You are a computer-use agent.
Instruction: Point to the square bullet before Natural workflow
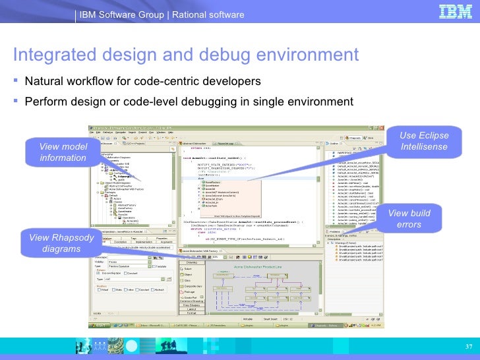click(15, 81)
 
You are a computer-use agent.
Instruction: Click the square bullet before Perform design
click(15, 102)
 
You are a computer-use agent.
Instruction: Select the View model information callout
click(63, 152)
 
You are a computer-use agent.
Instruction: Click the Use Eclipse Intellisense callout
click(424, 141)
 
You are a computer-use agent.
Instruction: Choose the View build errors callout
click(409, 220)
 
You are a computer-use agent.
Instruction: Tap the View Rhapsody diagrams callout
click(59, 243)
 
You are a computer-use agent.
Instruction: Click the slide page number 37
click(469, 347)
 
